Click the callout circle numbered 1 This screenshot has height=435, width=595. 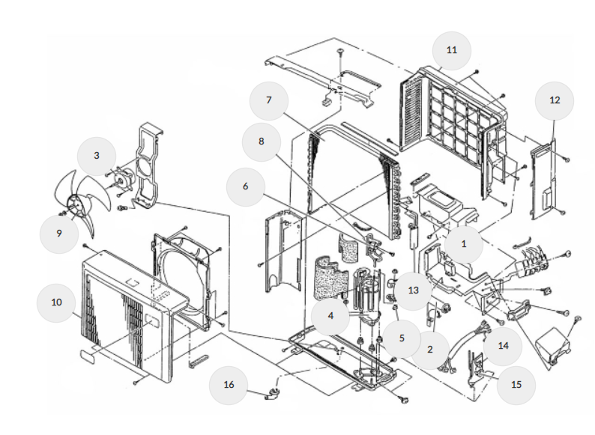(464, 243)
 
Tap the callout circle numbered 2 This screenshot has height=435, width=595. (429, 349)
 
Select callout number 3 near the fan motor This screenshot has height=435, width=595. (97, 155)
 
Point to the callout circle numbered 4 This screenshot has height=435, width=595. (330, 317)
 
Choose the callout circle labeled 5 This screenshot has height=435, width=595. (402, 338)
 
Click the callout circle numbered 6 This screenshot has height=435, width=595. (245, 186)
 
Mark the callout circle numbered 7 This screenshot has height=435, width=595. (268, 100)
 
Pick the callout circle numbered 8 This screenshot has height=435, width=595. (262, 140)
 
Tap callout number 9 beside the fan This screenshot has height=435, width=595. (58, 233)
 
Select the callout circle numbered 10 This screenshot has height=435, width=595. (57, 302)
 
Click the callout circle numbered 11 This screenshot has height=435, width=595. (451, 50)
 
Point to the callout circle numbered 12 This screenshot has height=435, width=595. (555, 100)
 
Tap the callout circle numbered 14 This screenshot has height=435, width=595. (503, 345)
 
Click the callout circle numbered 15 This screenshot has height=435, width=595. (515, 385)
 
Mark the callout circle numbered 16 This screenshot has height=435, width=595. (229, 385)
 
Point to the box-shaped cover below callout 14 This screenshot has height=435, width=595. (560, 343)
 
